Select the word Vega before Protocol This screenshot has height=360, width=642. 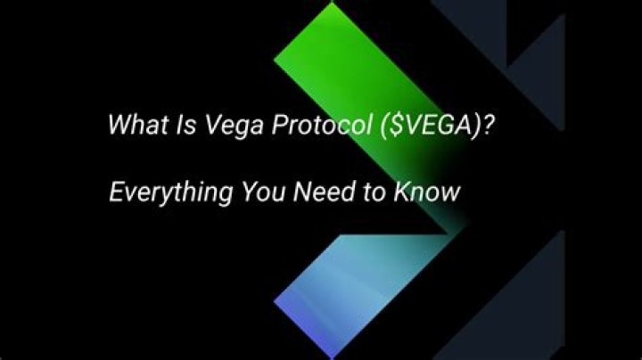217,125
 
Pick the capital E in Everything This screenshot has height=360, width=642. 115,190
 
